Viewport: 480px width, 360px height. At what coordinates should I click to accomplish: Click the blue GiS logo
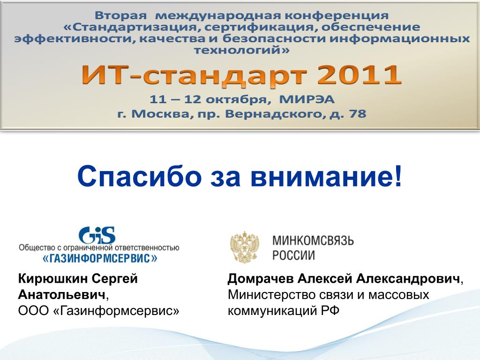pos(97,235)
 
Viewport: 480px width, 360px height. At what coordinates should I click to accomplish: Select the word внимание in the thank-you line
pos(322,177)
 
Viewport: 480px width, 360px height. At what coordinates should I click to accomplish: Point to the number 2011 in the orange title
pos(359,75)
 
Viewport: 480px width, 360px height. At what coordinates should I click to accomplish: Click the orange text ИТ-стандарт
pos(194,76)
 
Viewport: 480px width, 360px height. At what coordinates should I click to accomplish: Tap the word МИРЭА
pos(307,99)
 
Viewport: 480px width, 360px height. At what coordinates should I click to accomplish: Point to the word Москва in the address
pos(161,114)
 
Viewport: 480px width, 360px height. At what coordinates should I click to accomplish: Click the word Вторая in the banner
pos(120,15)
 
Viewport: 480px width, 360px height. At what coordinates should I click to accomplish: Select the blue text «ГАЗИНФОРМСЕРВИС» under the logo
pos(99,258)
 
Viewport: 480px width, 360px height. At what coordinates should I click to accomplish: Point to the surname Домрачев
pos(261,278)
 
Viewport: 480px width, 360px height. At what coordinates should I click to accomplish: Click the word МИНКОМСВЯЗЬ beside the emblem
pos(313,240)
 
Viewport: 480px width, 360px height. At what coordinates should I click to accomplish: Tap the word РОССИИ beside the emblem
pos(293,255)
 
